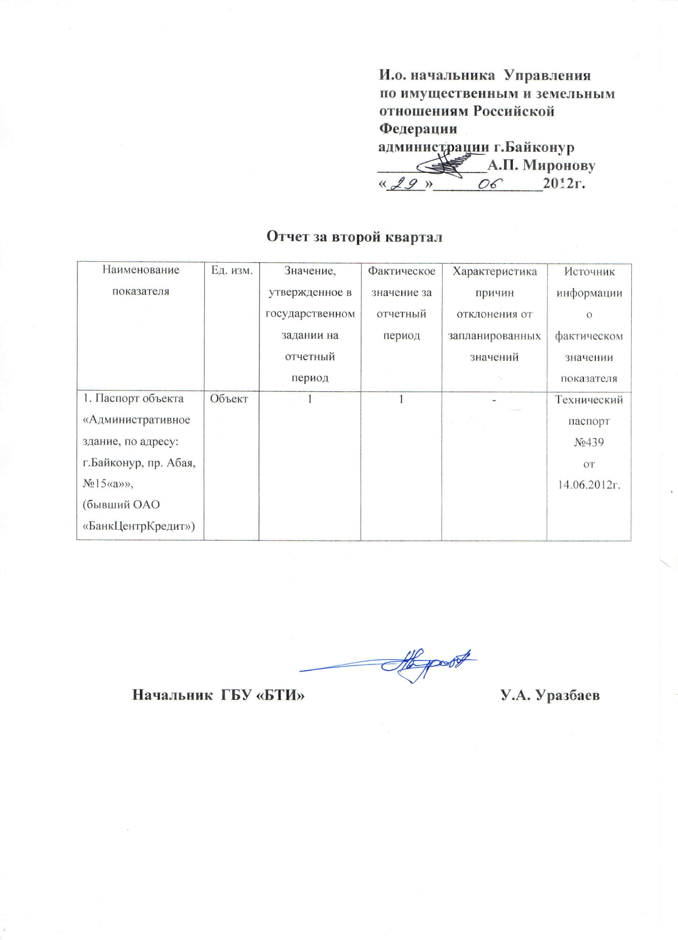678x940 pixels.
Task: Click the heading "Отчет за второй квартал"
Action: coord(354,237)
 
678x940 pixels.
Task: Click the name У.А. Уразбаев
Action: coord(550,695)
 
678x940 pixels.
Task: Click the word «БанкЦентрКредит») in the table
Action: coord(139,526)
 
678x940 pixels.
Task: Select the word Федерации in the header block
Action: coord(418,129)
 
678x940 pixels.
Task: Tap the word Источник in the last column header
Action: coord(589,271)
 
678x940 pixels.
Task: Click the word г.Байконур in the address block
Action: coord(533,147)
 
